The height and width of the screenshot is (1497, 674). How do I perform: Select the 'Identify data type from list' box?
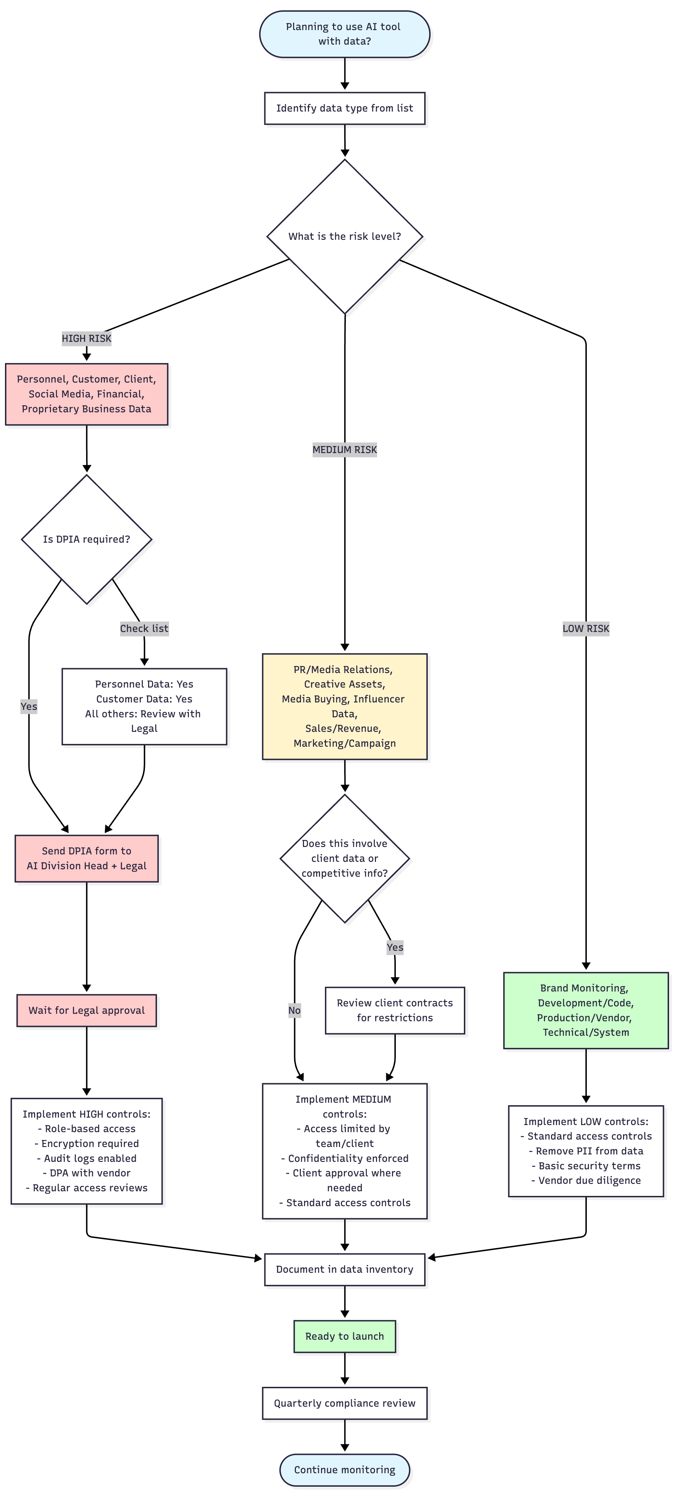point(344,108)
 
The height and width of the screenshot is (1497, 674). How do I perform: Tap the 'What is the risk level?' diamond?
point(344,237)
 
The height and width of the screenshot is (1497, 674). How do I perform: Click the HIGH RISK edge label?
point(87,338)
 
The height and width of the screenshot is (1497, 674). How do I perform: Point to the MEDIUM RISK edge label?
point(345,449)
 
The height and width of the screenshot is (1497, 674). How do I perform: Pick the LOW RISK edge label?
point(586,628)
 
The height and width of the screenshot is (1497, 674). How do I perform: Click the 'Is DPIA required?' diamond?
point(87,539)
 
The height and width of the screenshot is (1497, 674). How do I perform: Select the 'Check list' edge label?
point(144,628)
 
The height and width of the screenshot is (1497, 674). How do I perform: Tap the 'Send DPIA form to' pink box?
point(87,858)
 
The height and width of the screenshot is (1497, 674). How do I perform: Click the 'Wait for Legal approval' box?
point(87,1010)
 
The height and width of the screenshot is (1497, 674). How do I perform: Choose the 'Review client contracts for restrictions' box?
point(395,1010)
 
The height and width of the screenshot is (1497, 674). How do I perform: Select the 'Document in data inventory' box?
point(344,1269)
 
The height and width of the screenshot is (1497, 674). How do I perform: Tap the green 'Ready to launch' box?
point(344,1336)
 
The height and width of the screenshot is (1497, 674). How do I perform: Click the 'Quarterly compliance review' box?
point(344,1403)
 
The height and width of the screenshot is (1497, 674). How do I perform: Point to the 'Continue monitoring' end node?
point(344,1470)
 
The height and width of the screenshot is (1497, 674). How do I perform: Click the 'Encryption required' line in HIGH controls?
point(87,1143)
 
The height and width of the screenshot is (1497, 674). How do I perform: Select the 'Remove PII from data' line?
point(586,1151)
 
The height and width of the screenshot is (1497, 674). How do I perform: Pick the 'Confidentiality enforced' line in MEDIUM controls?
point(345,1158)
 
